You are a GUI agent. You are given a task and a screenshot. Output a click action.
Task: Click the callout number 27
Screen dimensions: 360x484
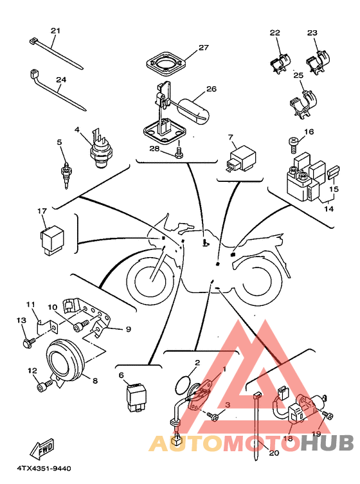204,48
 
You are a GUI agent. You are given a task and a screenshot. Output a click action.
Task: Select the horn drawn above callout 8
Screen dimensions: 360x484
65,361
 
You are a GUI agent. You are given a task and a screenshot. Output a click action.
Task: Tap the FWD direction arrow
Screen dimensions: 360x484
42,449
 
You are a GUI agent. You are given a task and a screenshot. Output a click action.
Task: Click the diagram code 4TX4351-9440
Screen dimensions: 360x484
44,469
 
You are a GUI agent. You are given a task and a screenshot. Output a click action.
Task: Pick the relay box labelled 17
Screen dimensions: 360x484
52,240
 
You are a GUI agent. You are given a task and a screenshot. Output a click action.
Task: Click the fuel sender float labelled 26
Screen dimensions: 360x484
194,111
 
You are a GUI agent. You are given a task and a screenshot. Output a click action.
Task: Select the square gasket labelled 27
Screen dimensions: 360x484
166,64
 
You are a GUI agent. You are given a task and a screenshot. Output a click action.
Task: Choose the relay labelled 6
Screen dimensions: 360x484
134,398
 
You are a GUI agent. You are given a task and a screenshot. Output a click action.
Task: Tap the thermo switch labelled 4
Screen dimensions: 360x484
101,148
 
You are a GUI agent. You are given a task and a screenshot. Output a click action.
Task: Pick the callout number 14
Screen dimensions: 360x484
328,209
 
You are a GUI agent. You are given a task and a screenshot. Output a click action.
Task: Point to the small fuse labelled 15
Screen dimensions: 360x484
333,172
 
